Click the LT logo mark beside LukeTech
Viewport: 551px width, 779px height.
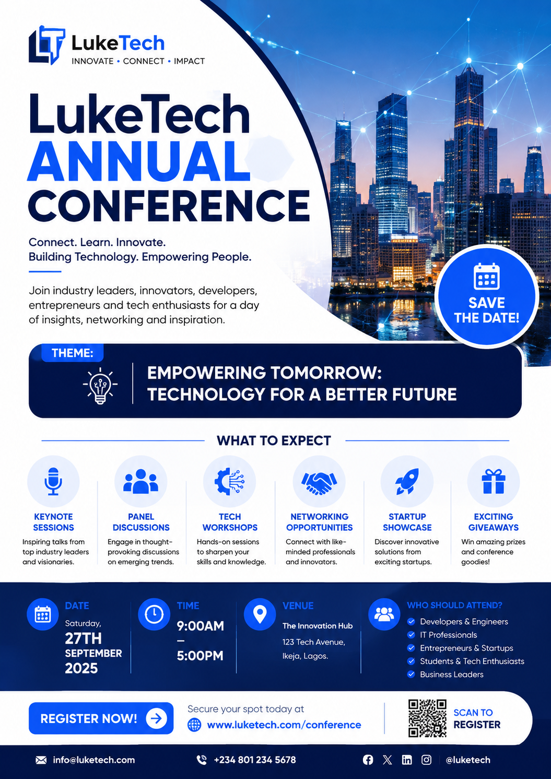(x=46, y=45)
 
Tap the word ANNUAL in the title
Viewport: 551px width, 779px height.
(x=139, y=162)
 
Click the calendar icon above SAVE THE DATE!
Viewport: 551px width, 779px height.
(x=486, y=276)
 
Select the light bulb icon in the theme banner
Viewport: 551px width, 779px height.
(x=100, y=386)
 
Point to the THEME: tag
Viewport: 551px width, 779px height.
(x=72, y=353)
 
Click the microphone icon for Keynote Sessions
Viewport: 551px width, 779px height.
(x=53, y=481)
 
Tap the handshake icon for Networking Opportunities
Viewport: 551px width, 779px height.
(x=319, y=483)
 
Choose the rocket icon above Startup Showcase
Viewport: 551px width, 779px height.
(x=407, y=481)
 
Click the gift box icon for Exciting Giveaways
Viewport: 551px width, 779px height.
(x=494, y=481)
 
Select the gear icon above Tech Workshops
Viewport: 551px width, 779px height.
(x=229, y=482)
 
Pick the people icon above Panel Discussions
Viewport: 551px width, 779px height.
(x=141, y=481)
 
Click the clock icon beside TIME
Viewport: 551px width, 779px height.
(x=154, y=614)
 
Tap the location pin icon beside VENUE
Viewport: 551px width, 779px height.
(x=260, y=614)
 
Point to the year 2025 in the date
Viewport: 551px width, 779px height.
(x=81, y=668)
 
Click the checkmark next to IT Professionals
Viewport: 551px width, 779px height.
(x=411, y=635)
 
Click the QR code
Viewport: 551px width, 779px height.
(x=427, y=718)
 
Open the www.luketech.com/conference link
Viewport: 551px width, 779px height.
(x=284, y=725)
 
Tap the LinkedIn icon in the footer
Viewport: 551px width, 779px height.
(x=407, y=760)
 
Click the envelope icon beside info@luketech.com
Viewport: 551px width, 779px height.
(x=41, y=760)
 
